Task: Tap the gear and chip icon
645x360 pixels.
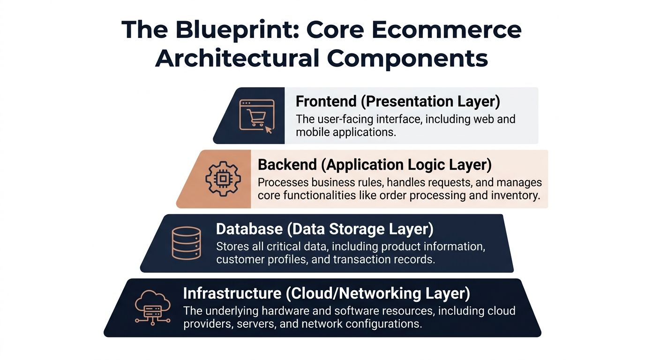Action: click(223, 179)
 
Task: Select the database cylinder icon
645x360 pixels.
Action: click(186, 243)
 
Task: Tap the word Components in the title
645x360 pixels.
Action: click(407, 59)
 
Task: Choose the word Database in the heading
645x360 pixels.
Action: click(249, 229)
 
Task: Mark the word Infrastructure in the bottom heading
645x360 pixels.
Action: click(232, 293)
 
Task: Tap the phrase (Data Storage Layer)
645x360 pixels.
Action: click(360, 229)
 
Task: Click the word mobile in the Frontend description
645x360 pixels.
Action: click(313, 132)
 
